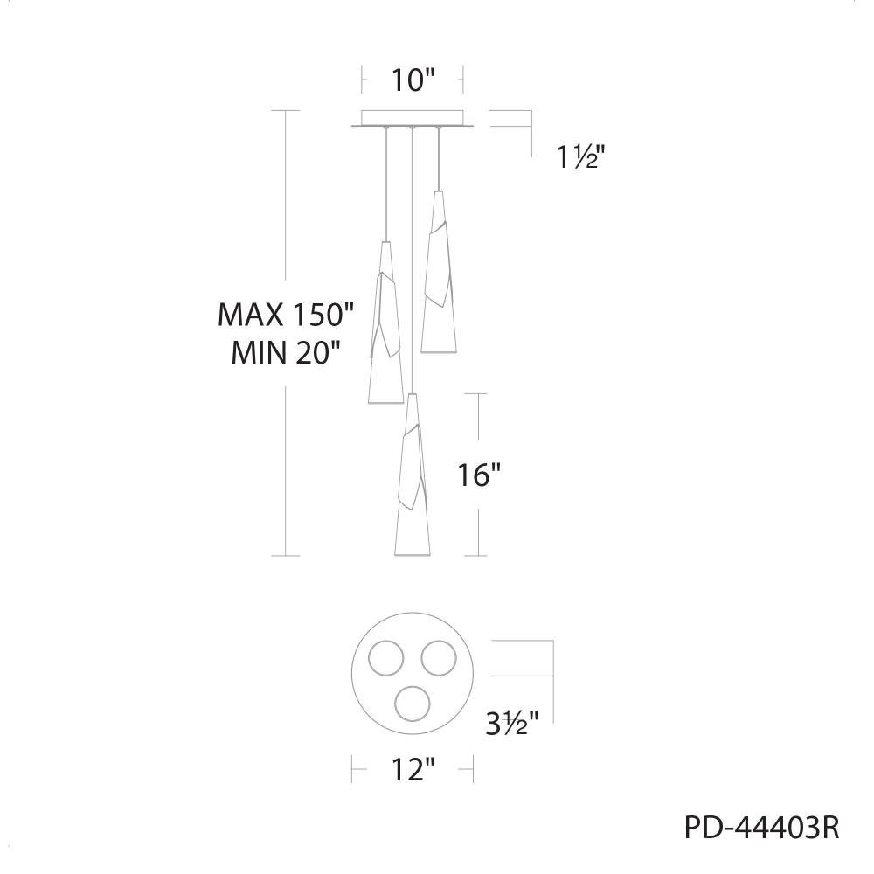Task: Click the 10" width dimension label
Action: coord(413,80)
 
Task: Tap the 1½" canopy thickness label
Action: coord(581,157)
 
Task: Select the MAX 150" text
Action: coord(286,315)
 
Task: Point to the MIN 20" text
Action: coord(286,352)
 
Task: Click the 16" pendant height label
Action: coord(479,475)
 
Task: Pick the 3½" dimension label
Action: coord(511,724)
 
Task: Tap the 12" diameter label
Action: coord(413,770)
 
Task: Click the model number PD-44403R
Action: coord(761,828)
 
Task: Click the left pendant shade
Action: coord(385,323)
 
